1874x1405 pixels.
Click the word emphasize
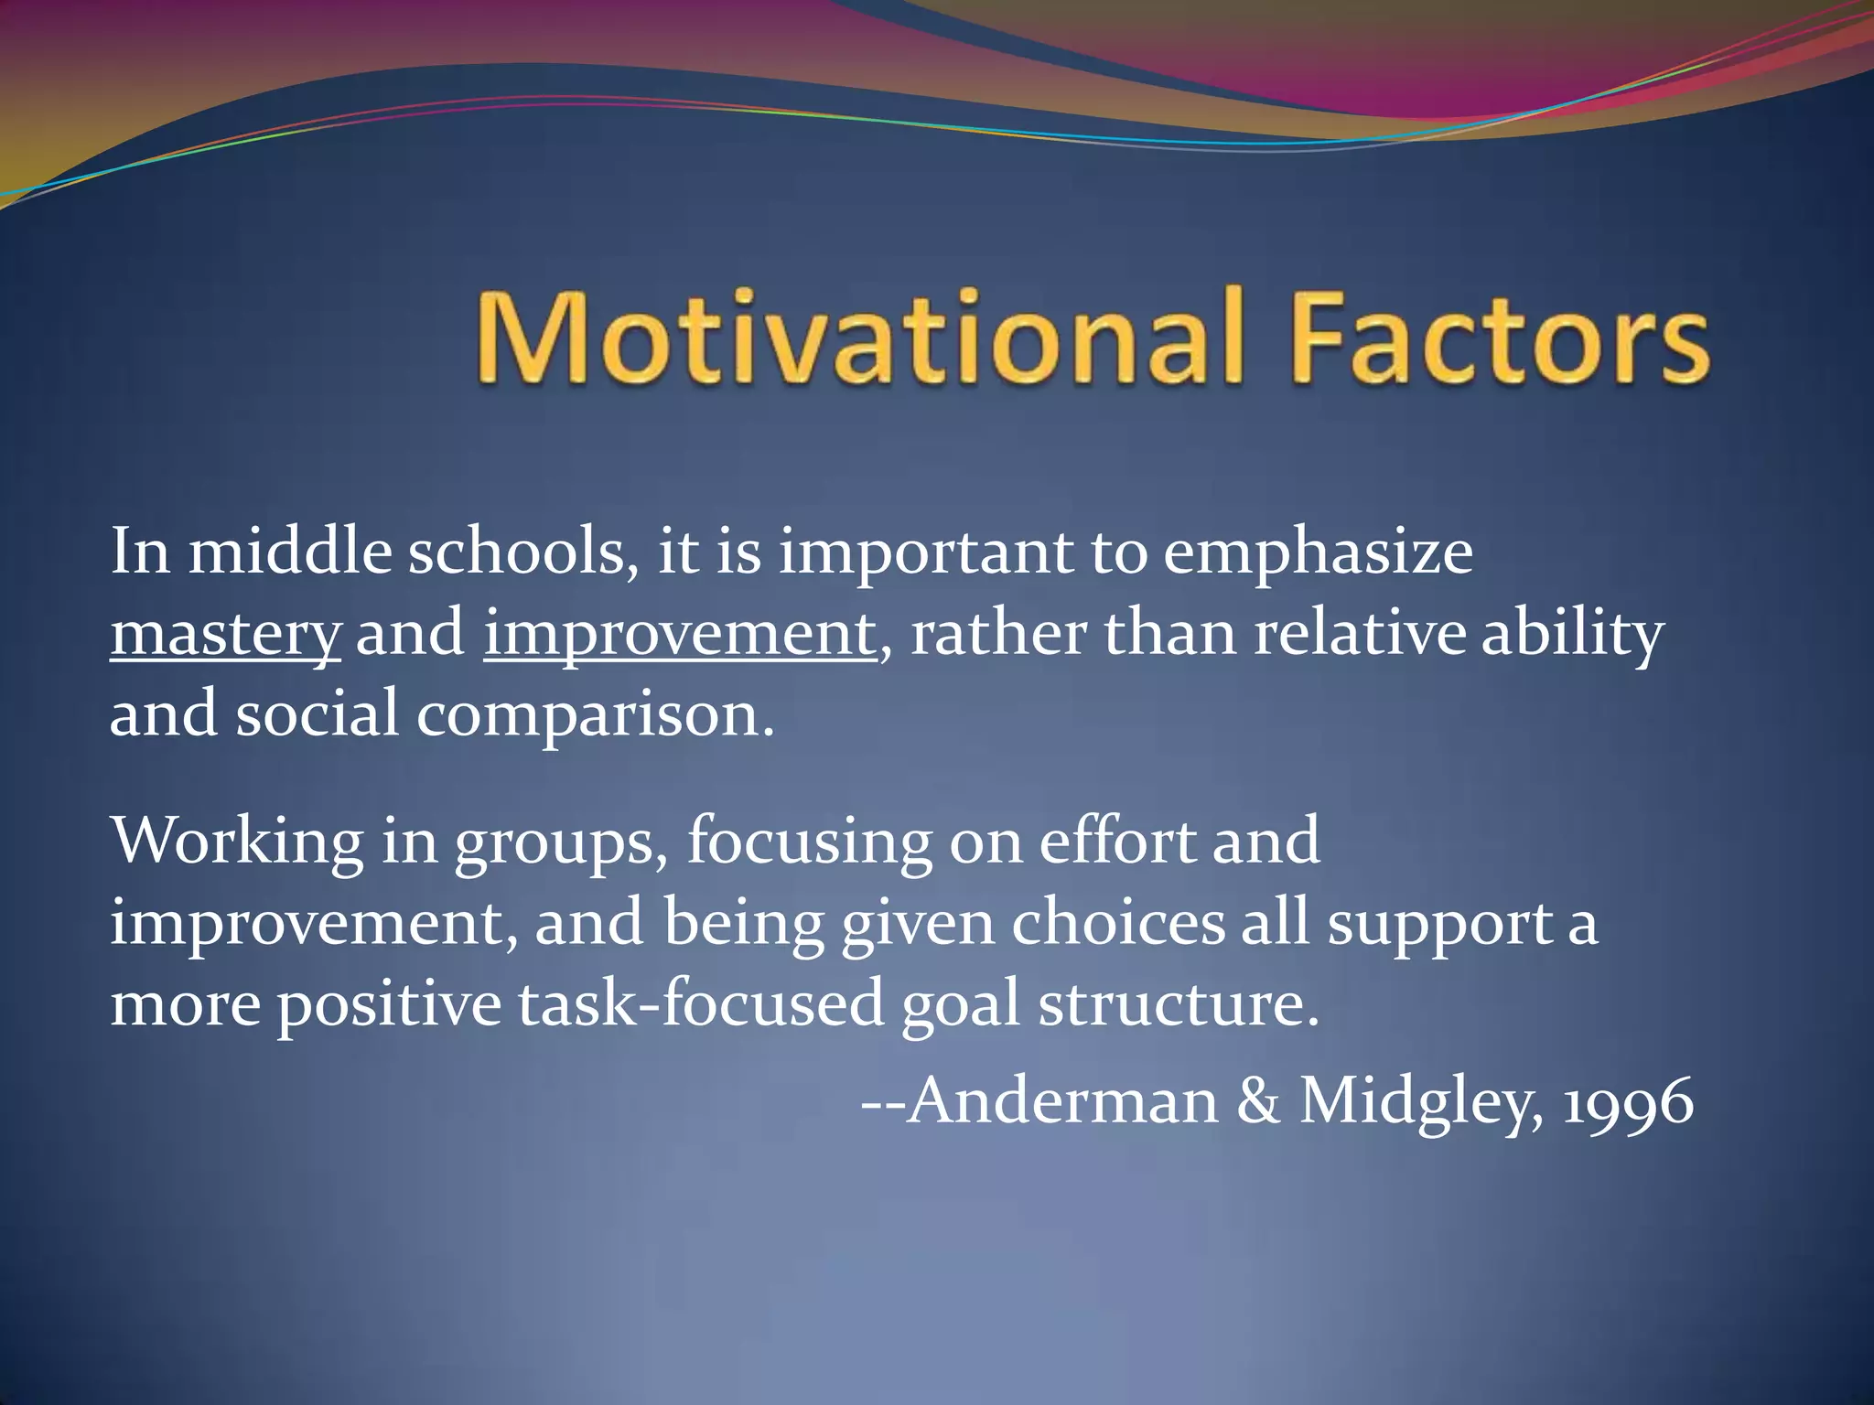(1318, 554)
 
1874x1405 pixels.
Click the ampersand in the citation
(1259, 1101)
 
